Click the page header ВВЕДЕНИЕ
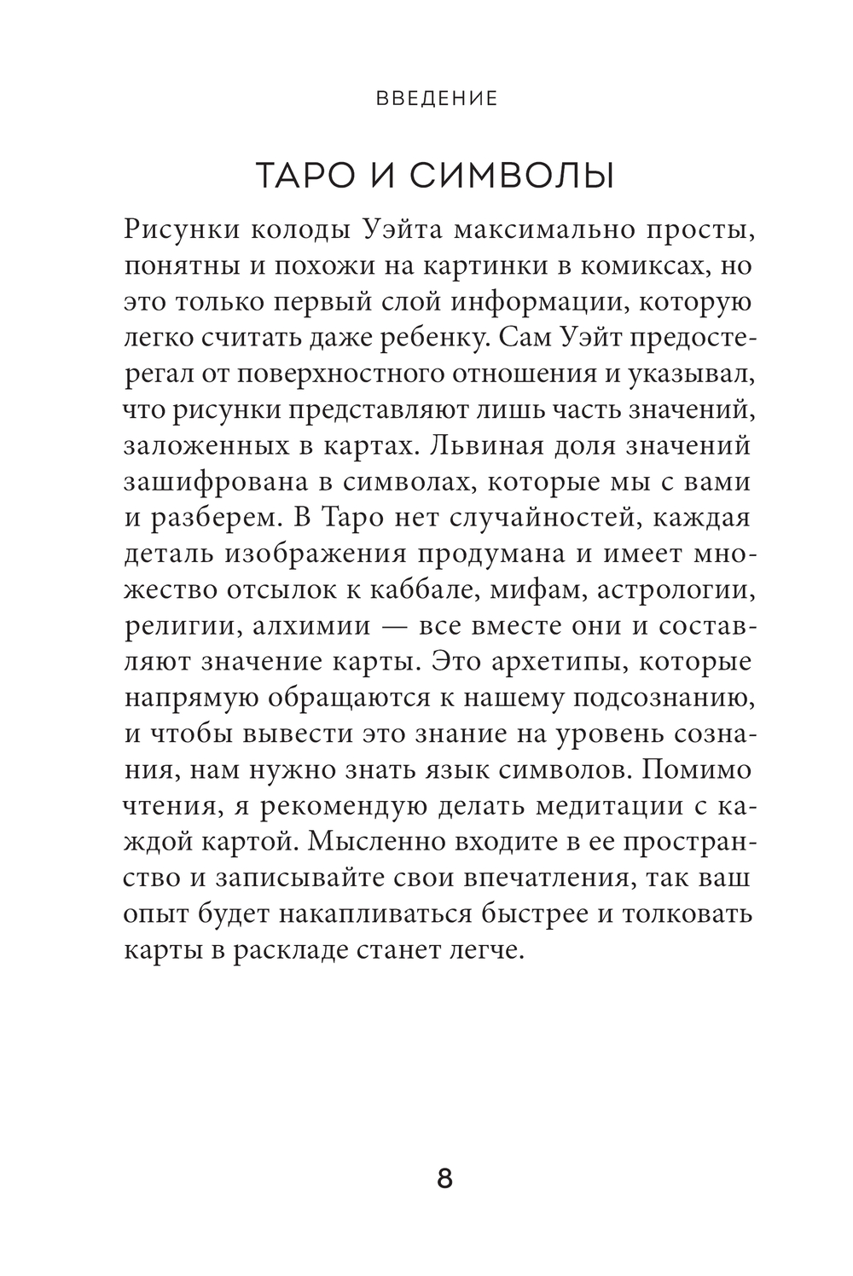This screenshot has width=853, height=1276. [x=437, y=98]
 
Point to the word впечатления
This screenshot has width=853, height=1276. [x=532, y=879]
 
